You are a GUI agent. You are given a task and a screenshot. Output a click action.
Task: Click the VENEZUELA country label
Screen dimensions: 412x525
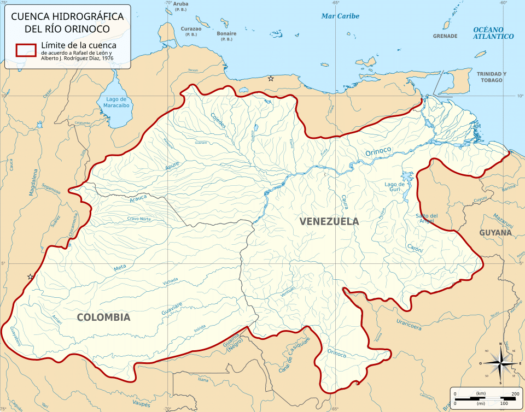tap(329, 221)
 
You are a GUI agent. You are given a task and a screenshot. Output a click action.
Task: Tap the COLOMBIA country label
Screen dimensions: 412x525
tap(103, 317)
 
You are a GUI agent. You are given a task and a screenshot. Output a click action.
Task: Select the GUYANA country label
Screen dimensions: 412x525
tap(495, 232)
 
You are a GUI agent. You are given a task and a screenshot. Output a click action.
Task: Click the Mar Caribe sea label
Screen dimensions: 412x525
tap(340, 16)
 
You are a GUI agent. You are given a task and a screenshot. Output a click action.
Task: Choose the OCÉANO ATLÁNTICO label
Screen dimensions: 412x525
tap(493, 33)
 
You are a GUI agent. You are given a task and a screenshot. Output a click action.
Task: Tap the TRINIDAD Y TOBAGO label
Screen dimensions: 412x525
tap(491, 77)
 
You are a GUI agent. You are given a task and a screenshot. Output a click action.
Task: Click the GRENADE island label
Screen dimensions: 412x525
tap(445, 36)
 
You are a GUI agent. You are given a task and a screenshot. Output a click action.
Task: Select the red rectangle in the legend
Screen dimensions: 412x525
tap(25, 50)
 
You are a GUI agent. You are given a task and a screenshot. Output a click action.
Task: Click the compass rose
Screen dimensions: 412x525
tap(500, 362)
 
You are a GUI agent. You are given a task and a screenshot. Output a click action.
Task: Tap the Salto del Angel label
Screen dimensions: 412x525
tap(427, 218)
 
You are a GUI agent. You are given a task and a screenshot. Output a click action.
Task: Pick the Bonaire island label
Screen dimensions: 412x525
tap(226, 33)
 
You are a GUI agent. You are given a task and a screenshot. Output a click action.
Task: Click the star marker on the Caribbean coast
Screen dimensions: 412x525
tap(271, 79)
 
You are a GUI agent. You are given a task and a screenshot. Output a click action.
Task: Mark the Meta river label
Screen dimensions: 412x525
tap(120, 268)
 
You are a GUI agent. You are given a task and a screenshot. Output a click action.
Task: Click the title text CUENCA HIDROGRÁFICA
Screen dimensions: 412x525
tap(67, 16)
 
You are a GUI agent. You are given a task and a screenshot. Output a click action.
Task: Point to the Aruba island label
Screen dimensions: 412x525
tap(180, 3)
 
